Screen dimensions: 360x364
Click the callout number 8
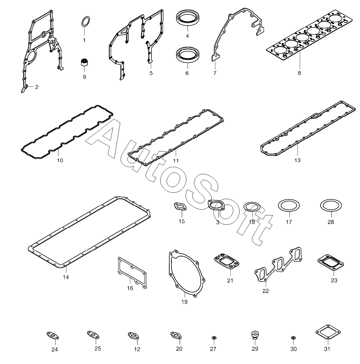(x=299, y=73)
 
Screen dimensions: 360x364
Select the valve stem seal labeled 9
(x=84, y=62)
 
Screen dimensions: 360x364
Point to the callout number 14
(x=66, y=277)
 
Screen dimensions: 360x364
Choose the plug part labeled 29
(x=255, y=335)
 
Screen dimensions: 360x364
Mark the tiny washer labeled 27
(x=214, y=337)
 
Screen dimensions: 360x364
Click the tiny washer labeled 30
(x=293, y=337)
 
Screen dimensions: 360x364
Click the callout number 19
(x=184, y=302)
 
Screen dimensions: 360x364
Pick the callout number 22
(x=265, y=291)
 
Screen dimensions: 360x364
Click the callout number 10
(x=60, y=160)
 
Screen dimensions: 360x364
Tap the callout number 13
(x=297, y=160)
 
